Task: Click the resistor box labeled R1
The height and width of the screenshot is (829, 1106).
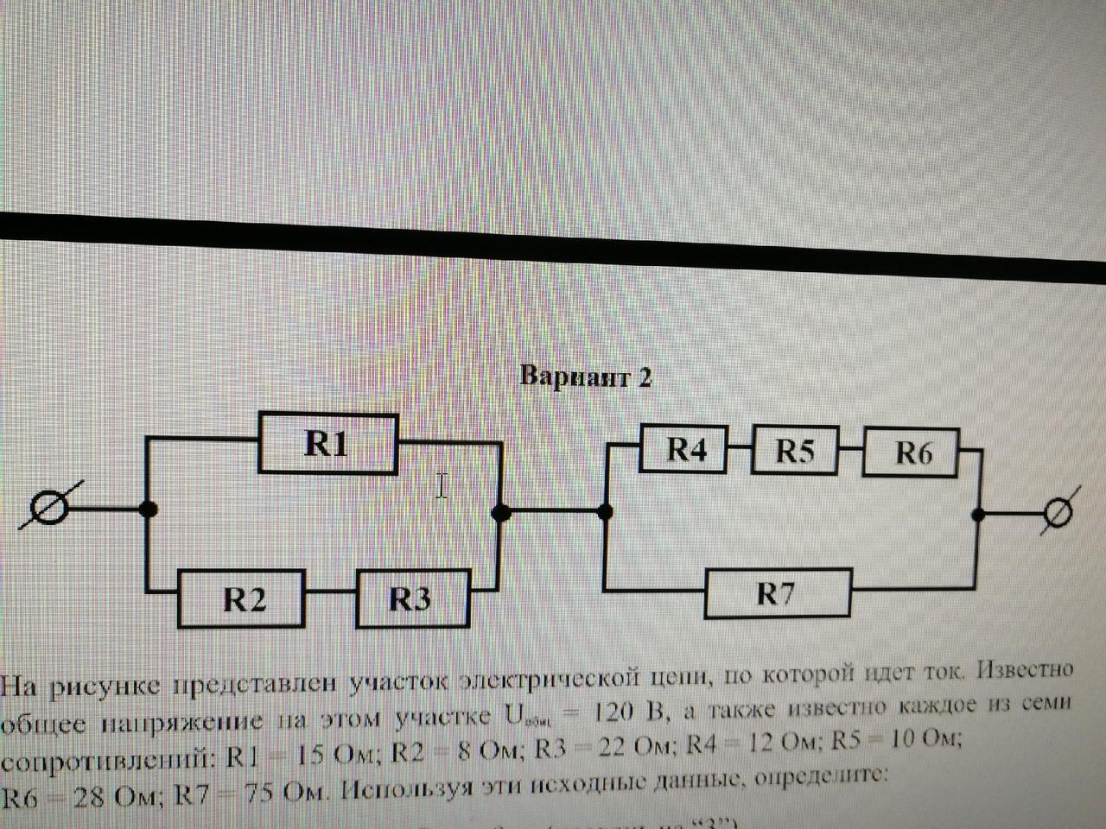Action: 328,444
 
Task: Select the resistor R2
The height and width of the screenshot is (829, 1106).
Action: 243,598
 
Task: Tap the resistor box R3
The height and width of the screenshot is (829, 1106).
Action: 413,598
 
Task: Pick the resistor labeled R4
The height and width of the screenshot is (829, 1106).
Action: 684,449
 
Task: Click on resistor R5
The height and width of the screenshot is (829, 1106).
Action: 794,450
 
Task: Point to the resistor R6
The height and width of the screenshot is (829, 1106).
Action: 911,452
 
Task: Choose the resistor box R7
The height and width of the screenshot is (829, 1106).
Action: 777,593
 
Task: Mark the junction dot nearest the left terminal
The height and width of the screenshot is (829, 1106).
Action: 149,509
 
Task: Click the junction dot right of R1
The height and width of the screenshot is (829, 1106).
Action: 499,512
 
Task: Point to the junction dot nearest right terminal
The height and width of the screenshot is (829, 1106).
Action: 979,514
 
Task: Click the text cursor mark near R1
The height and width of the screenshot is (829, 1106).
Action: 442,486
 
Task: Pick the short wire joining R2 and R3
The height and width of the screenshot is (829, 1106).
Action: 331,594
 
